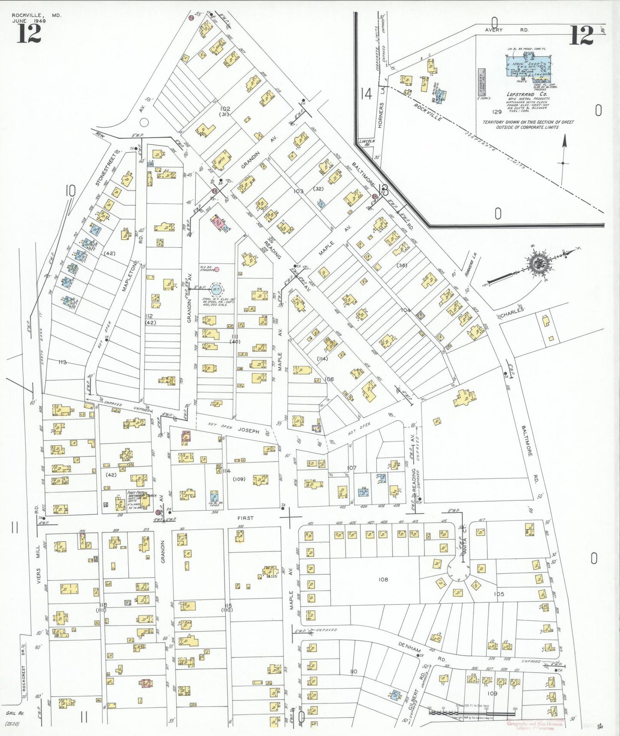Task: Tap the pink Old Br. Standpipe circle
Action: (x=217, y=269)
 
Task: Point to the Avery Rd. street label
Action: (x=507, y=30)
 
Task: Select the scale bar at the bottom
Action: (x=472, y=712)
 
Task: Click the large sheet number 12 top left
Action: (x=29, y=34)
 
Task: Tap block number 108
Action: (x=383, y=579)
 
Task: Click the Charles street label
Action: (x=512, y=313)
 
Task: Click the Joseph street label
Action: (x=249, y=430)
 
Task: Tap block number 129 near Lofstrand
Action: (x=497, y=112)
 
